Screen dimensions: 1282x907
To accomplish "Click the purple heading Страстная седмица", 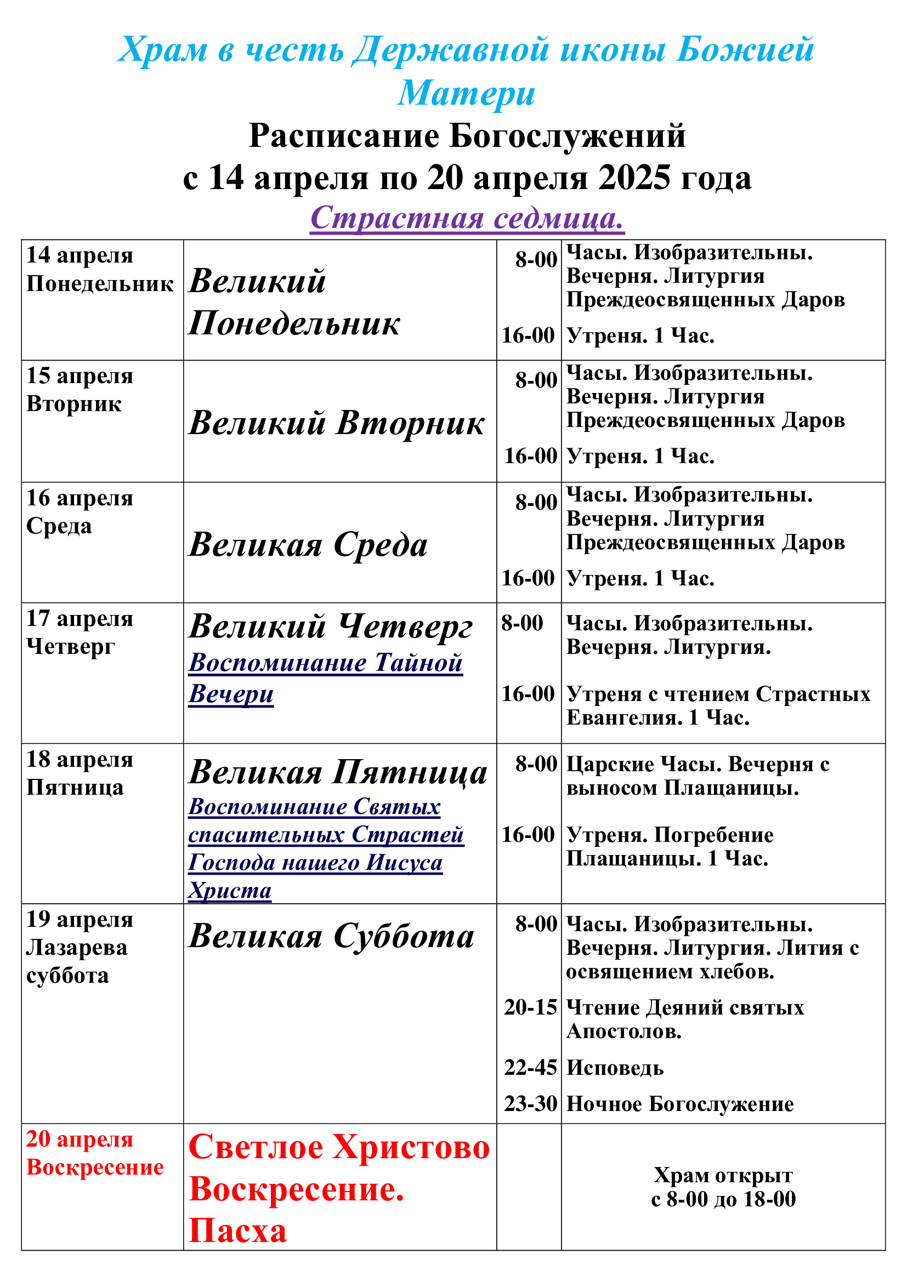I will (467, 218).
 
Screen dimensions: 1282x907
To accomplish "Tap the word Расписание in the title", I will (344, 136).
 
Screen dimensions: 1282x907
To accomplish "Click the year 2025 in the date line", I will (633, 178).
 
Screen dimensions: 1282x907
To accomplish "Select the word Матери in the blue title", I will (466, 93).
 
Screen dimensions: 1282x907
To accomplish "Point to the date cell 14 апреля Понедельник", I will (99, 270).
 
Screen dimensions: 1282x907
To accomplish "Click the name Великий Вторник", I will (336, 423).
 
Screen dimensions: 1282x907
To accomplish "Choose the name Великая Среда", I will (308, 544).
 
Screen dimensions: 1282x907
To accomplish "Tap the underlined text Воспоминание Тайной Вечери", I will (325, 678).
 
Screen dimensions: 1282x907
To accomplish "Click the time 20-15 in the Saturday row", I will (530, 1007).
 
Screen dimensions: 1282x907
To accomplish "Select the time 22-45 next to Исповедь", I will (530, 1068).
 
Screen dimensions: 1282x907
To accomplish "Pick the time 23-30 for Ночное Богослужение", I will (530, 1104).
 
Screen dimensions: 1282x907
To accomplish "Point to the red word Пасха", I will (237, 1230).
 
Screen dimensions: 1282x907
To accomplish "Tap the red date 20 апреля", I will (80, 1139).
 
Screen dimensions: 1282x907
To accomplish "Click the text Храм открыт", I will (723, 1175).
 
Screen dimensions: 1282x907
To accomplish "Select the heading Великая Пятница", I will (338, 773).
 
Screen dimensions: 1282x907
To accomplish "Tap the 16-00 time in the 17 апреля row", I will (528, 694).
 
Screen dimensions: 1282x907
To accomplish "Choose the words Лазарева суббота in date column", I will (77, 961).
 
